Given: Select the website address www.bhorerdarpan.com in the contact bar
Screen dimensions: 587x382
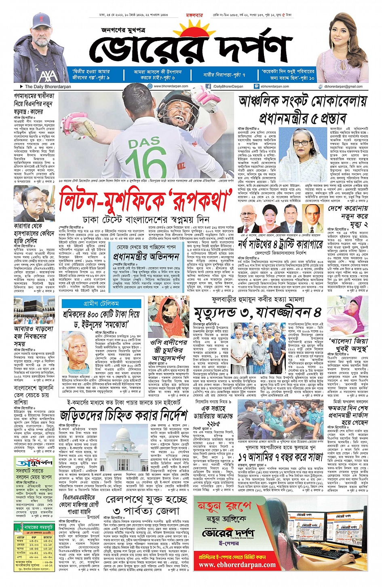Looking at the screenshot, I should coord(171,86).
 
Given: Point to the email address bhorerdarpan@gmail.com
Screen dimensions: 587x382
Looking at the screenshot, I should coord(344,86).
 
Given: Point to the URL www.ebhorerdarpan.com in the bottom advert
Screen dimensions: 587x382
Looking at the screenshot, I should coord(237,565).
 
